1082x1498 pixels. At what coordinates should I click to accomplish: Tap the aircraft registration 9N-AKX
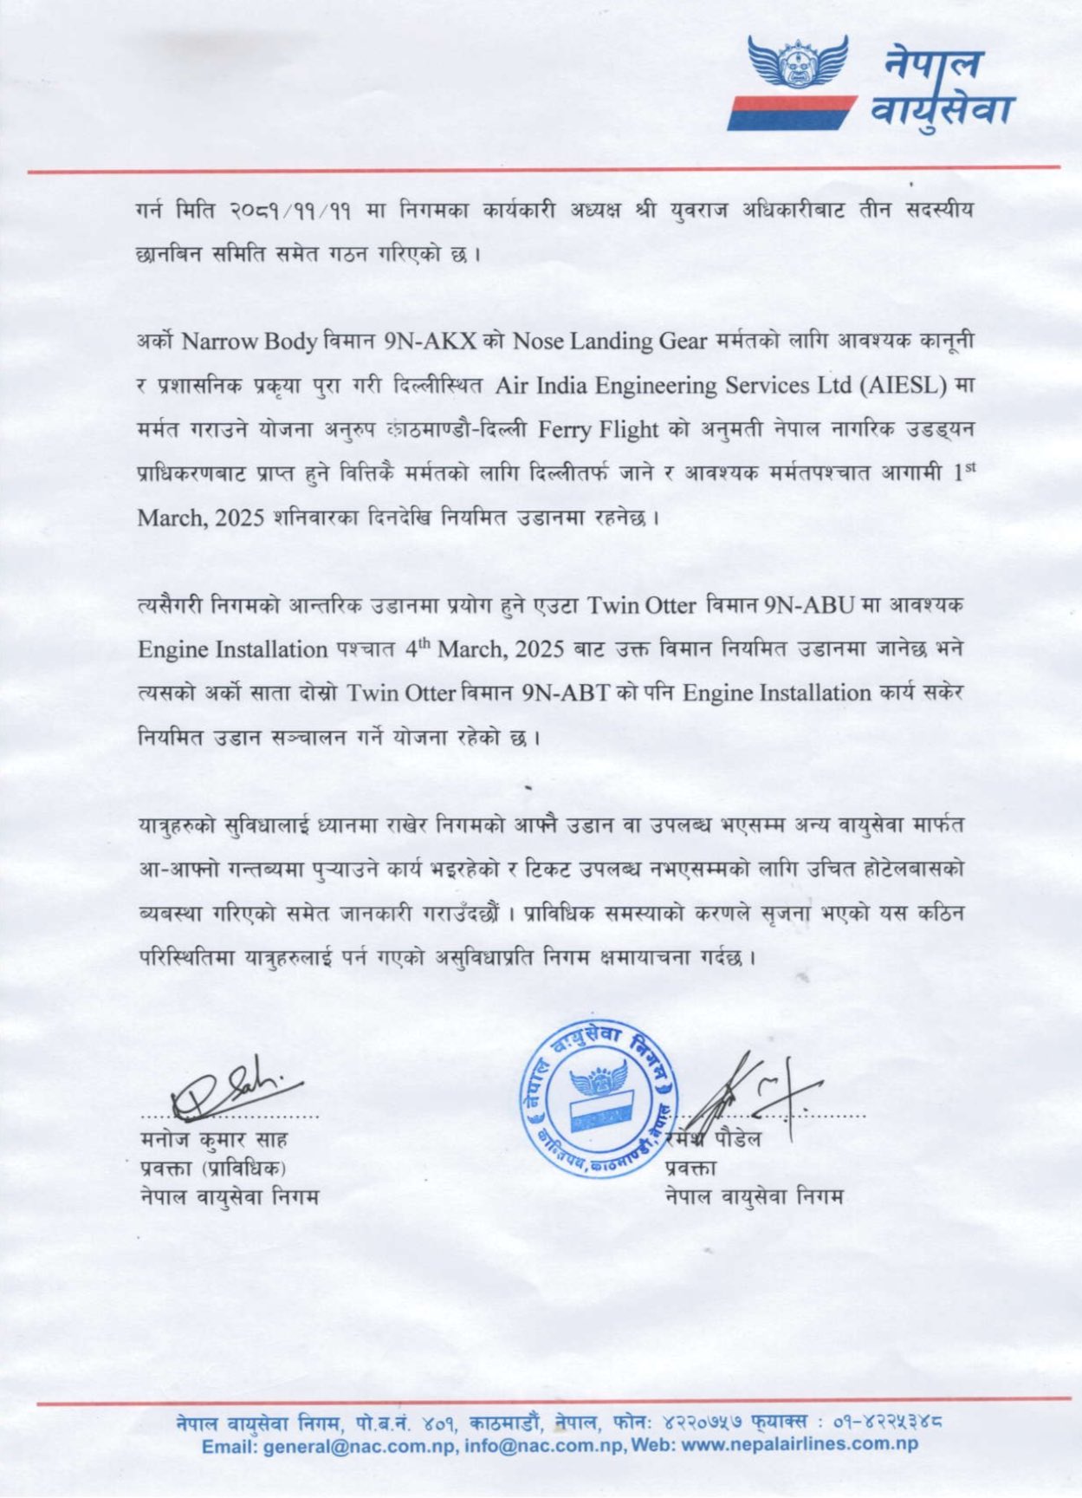430,341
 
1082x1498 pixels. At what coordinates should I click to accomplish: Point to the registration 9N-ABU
808,605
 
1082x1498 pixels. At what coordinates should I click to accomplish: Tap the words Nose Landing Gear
610,341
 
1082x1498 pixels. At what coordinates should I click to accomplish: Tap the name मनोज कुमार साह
214,1139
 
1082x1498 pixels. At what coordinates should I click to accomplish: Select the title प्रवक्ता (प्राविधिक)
213,1168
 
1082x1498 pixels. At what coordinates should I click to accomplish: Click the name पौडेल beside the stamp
737,1139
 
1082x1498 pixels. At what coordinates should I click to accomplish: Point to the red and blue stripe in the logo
790,114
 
